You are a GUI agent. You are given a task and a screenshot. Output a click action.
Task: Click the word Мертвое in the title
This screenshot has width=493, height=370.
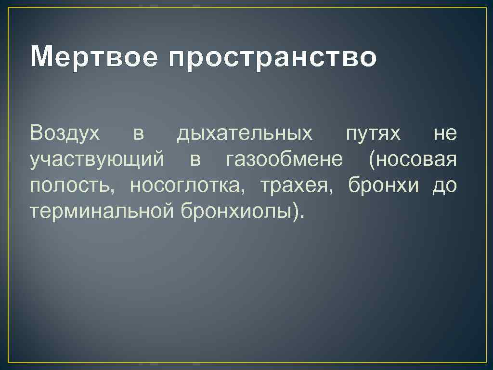click(92, 57)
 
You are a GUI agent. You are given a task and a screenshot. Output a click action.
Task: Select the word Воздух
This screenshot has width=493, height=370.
click(65, 133)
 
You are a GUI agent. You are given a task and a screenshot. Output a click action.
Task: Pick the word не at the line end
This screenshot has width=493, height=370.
click(445, 133)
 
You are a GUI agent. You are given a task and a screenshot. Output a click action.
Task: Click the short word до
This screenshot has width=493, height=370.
click(444, 185)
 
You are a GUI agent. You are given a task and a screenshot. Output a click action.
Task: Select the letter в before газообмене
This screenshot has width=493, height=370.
click(195, 160)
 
